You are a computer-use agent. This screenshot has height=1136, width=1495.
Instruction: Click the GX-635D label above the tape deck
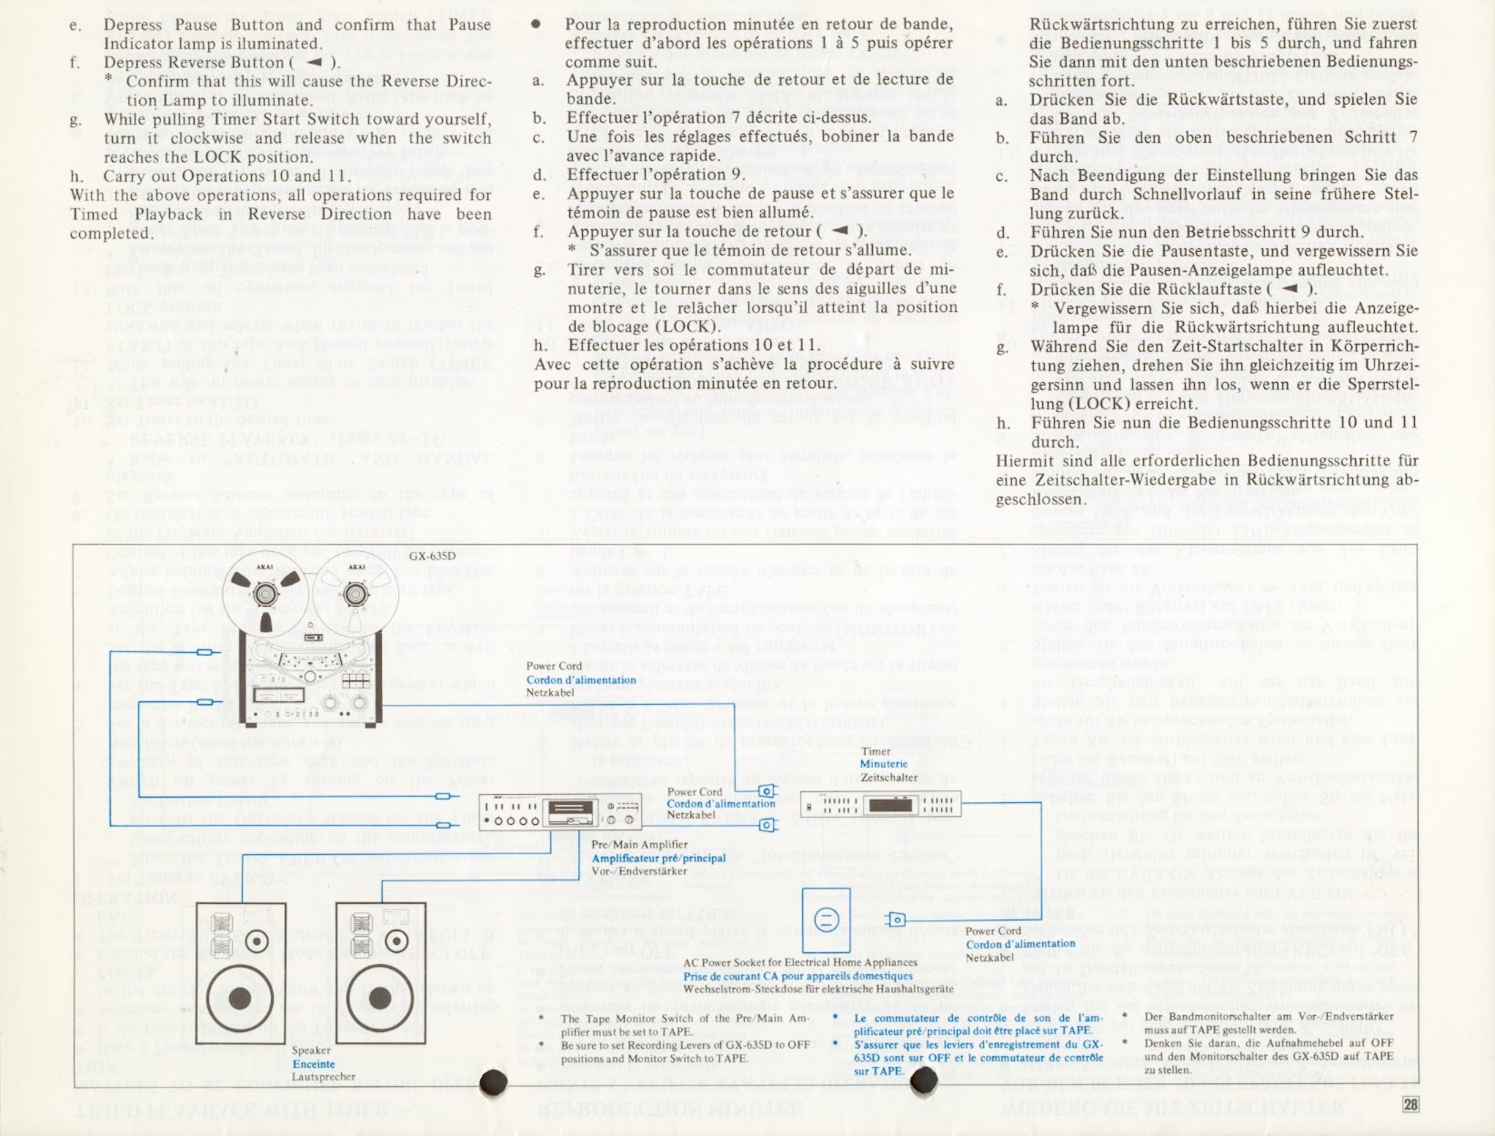tap(431, 556)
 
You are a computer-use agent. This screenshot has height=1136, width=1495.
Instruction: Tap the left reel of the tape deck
tap(266, 594)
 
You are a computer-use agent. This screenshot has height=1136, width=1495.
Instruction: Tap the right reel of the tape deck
tap(355, 594)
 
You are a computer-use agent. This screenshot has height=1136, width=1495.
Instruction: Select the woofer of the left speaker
tap(240, 999)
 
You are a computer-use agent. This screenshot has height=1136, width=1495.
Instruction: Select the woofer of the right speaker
tap(380, 999)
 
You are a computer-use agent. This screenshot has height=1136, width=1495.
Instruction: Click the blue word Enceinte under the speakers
tap(314, 1064)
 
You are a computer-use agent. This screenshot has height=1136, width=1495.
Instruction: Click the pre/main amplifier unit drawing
tap(558, 809)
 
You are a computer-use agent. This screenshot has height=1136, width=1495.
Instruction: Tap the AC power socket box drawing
tap(826, 920)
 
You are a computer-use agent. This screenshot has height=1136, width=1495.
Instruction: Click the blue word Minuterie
tap(883, 764)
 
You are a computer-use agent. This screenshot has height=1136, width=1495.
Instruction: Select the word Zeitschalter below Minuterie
tap(888, 778)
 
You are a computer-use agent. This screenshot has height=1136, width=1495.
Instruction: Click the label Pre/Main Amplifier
tap(638, 845)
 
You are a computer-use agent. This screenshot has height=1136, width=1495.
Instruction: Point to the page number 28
tap(1410, 1104)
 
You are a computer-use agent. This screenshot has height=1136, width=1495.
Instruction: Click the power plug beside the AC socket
tap(896, 920)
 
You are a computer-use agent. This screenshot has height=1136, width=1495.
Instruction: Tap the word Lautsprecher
tap(323, 1077)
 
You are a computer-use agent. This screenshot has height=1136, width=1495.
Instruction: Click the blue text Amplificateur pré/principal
tap(658, 858)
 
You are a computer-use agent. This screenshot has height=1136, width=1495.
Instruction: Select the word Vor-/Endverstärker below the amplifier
tap(638, 870)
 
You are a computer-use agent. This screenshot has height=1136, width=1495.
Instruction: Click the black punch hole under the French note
tap(924, 1080)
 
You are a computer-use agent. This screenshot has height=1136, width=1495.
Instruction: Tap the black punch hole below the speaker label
tap(493, 1081)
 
